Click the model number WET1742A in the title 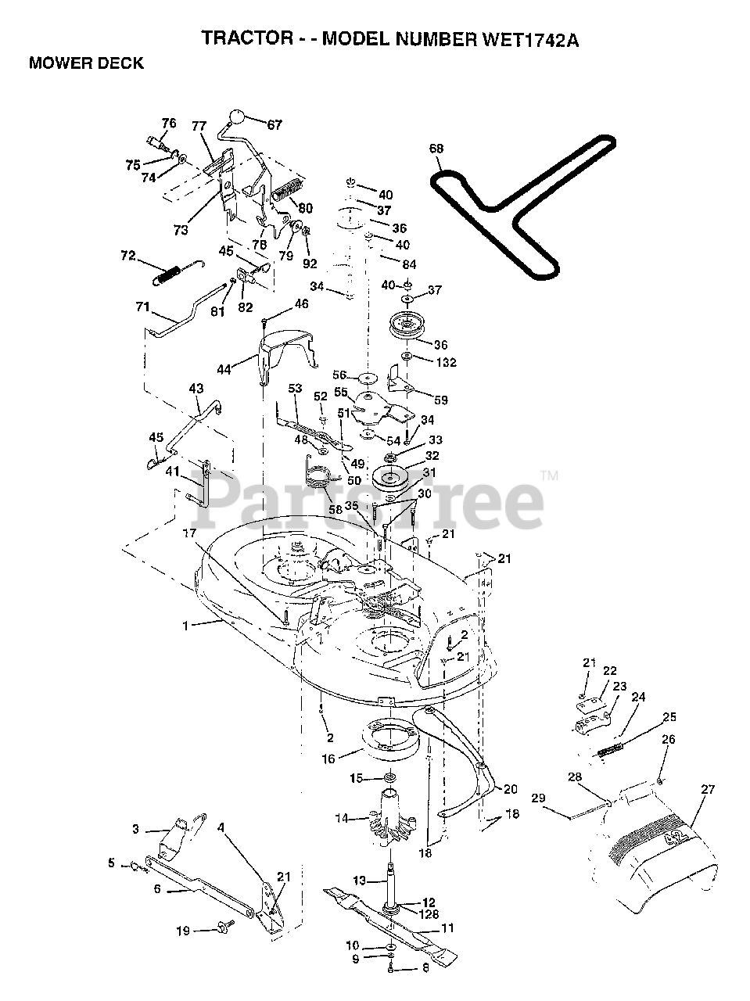[531, 40]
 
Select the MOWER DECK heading [86, 63]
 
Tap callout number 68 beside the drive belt [436, 149]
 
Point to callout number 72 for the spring [128, 256]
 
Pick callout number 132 [447, 362]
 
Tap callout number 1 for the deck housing [185, 626]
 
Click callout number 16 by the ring [328, 759]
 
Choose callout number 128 [429, 914]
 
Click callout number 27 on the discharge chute [707, 789]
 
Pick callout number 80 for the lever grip [305, 208]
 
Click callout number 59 [441, 400]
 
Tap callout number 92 [310, 264]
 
